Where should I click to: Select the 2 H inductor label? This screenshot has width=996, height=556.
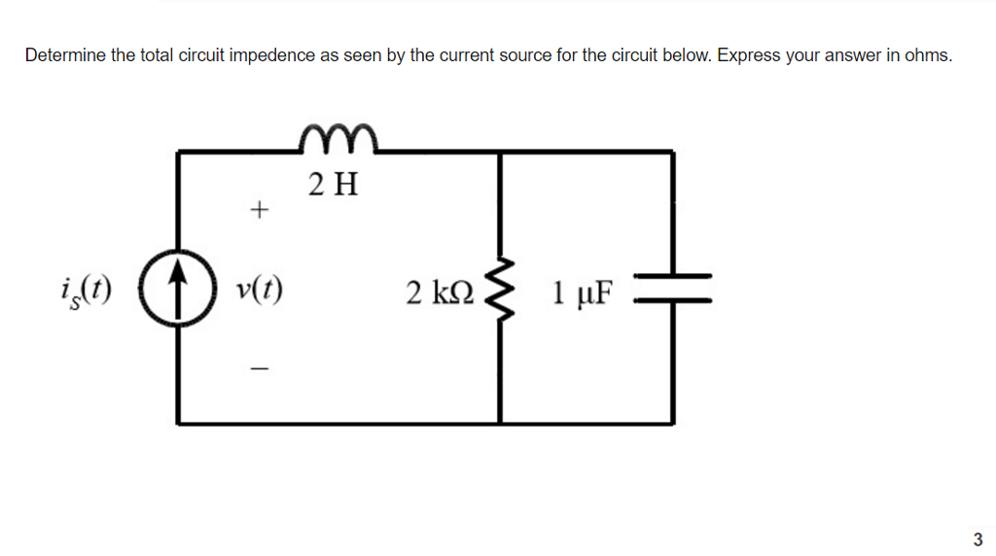[x=334, y=185]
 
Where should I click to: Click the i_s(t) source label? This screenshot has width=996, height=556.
[x=86, y=292]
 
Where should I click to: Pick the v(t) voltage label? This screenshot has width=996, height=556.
[x=259, y=291]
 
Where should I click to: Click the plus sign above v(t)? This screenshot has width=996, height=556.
[x=259, y=209]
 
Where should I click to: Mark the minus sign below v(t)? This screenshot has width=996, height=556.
[x=259, y=368]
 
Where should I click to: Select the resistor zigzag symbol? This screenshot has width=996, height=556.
[x=500, y=290]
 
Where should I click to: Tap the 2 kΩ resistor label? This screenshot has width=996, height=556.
[x=440, y=293]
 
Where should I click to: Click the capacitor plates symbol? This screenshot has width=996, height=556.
[x=673, y=288]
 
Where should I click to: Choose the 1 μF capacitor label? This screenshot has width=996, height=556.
[x=583, y=293]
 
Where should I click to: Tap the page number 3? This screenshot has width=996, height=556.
[x=978, y=539]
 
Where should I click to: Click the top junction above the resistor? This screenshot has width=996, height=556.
[x=500, y=152]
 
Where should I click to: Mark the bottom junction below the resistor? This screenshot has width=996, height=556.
[x=500, y=424]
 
